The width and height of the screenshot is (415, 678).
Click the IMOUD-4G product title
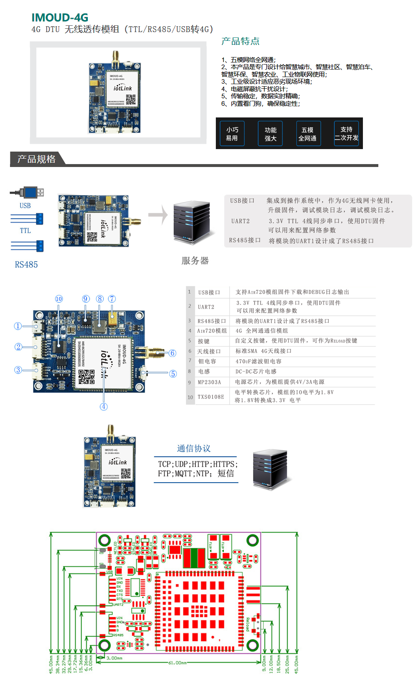tap(60, 17)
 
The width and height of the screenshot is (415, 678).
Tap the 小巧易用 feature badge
tap(232, 134)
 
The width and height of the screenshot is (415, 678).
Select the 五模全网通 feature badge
tap(307, 134)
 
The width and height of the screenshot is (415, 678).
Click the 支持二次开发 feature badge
tap(346, 133)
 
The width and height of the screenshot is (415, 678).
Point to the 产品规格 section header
tap(37, 159)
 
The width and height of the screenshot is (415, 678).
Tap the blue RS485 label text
tap(26, 264)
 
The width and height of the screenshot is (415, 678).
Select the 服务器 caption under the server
tap(195, 261)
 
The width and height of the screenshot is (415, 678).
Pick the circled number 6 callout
tap(172, 353)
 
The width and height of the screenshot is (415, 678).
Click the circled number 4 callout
tap(104, 406)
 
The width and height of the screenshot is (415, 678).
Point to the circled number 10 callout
tap(59, 299)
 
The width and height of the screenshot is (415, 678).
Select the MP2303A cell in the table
tap(209, 382)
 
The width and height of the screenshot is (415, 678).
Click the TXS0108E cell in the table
tap(210, 397)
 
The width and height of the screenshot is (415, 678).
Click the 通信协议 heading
tap(194, 449)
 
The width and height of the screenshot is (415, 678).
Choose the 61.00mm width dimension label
tap(177, 663)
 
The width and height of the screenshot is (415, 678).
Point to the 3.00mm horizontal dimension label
tap(114, 658)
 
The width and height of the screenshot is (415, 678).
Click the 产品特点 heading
tap(240, 41)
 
